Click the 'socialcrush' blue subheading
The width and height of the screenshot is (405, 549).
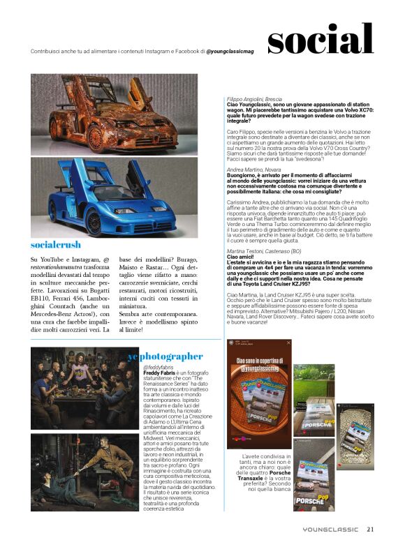click(x=56, y=245)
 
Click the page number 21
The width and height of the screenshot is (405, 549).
click(x=371, y=528)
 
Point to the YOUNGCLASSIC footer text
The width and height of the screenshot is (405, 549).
click(x=332, y=529)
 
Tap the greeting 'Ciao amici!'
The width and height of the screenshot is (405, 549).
click(x=241, y=256)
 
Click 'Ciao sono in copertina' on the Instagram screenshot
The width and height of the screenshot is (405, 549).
click(x=260, y=362)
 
